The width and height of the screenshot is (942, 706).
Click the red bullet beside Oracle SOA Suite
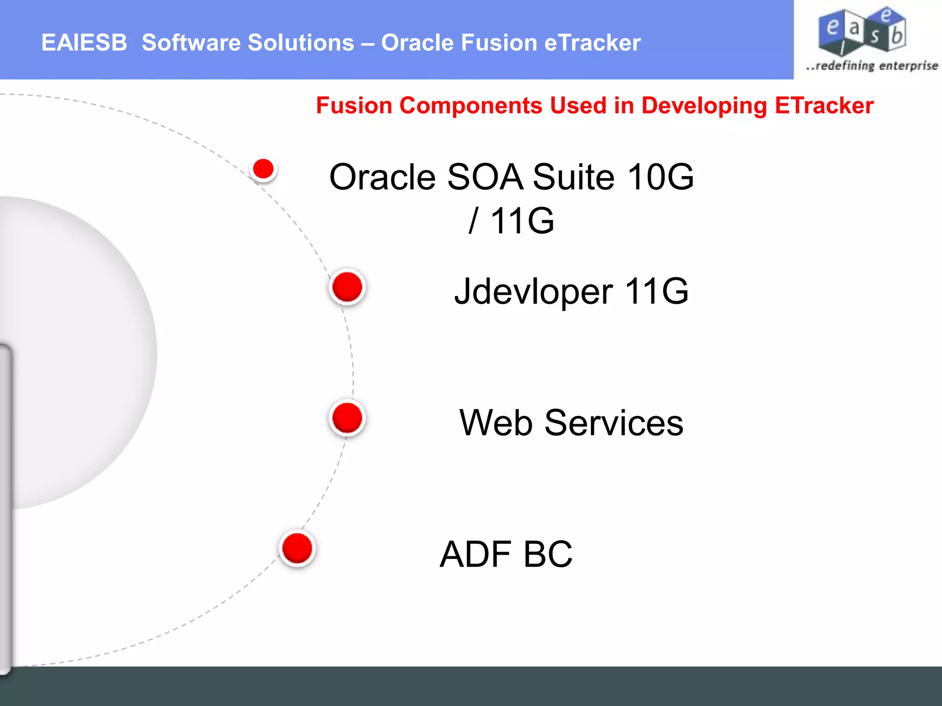264,169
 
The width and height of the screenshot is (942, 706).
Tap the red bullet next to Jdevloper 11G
347,287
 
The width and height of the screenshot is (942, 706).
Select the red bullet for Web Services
347,418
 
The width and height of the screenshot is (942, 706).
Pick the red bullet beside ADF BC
297,548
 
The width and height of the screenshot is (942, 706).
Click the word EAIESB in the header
84,43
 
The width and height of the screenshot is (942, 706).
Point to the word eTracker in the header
592,43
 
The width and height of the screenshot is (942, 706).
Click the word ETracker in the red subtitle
824,106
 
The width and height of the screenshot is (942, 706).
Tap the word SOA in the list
485,177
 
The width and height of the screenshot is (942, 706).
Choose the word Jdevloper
534,291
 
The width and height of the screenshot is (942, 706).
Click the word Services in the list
614,423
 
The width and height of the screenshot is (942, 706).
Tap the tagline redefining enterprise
872,66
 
